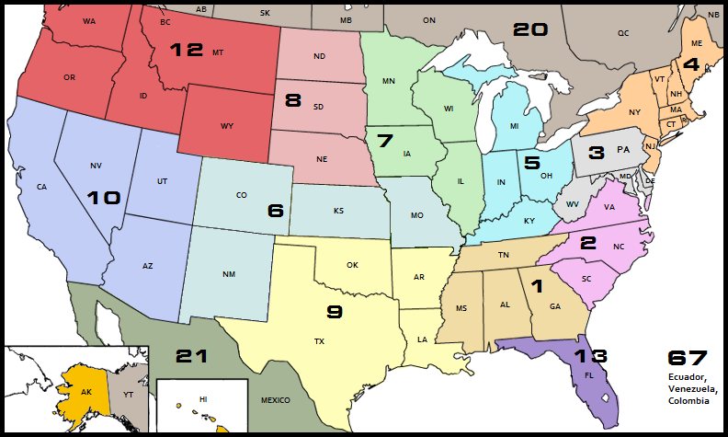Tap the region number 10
click(x=104, y=197)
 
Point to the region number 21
click(x=192, y=356)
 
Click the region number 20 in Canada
click(x=530, y=29)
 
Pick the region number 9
click(x=334, y=312)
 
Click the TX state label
click(x=319, y=341)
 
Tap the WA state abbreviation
click(x=89, y=20)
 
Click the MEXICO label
click(x=275, y=400)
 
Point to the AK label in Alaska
click(x=86, y=390)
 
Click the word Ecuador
click(x=687, y=377)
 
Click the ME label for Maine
click(x=697, y=44)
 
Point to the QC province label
click(x=622, y=32)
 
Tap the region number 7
click(x=384, y=141)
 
